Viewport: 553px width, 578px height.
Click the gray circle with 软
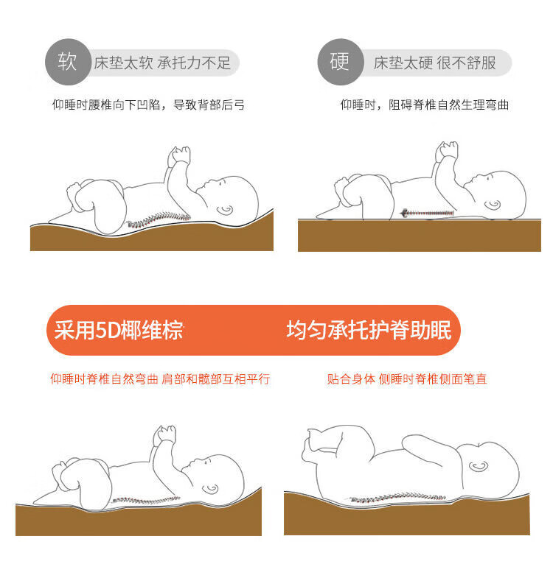point(69,62)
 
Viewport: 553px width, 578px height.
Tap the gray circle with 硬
point(341,62)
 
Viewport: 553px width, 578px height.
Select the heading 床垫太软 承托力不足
point(162,63)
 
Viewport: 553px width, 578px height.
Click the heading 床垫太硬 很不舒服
point(434,63)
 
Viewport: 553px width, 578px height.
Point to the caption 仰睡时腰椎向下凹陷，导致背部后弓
point(148,105)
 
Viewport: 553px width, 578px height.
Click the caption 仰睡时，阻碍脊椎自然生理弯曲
point(425,105)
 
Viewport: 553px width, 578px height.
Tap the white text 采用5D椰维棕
point(119,330)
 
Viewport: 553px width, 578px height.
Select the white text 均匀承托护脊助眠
point(369,330)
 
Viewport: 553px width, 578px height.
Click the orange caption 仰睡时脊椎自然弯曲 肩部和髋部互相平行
point(160,378)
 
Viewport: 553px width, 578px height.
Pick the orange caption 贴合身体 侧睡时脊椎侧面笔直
point(407,378)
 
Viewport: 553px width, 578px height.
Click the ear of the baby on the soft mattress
point(225,211)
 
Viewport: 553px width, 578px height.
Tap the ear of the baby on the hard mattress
point(493,205)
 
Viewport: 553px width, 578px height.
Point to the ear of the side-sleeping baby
point(479,467)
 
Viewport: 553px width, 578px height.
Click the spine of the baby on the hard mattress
point(427,213)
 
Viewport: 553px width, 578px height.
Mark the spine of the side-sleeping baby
point(397,497)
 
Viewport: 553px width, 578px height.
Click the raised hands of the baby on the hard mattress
point(447,151)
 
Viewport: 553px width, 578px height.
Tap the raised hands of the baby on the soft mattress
point(179,155)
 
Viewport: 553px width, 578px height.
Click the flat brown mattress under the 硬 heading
point(420,236)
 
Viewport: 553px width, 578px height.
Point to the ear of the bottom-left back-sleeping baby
point(210,489)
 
